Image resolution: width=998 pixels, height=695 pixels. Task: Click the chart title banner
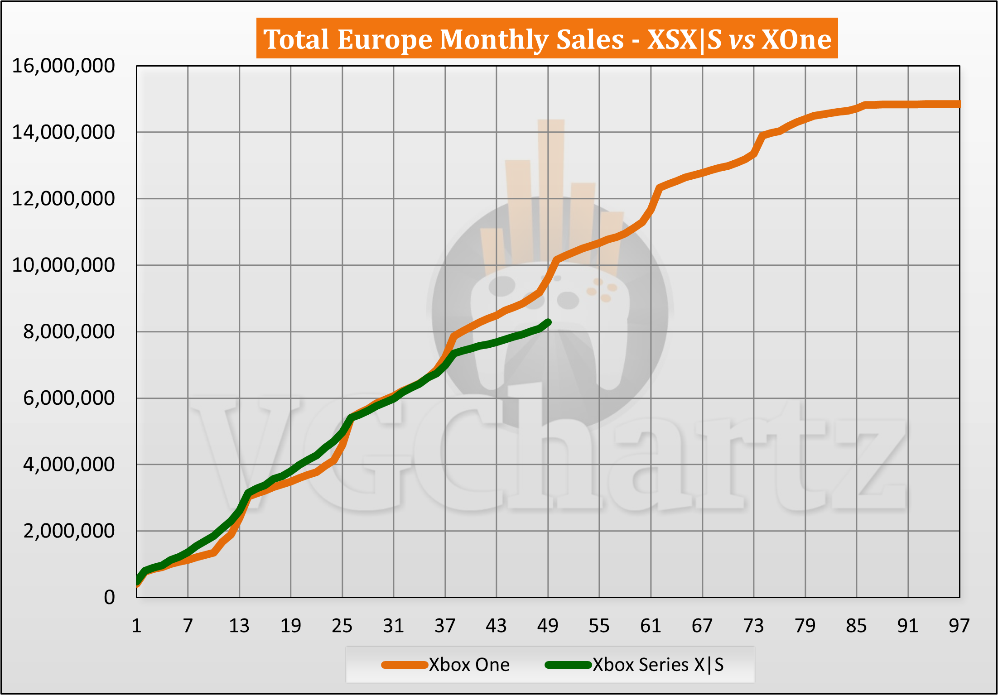pos(547,38)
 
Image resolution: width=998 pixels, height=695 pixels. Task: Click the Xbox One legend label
pos(469,665)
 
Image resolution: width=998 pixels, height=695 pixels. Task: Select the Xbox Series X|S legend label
pos(658,665)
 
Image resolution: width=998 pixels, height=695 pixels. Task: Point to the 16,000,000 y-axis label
pos(63,66)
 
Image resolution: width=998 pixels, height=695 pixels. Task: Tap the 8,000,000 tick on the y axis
pos(69,331)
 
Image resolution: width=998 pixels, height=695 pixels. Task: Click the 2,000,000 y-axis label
pos(69,531)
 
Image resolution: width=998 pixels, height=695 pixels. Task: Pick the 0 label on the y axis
pos(109,597)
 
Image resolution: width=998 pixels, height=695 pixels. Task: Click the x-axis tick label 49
pos(548,626)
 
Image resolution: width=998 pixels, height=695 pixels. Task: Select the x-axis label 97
pos(959,626)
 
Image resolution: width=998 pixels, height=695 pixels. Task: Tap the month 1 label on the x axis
pos(136,626)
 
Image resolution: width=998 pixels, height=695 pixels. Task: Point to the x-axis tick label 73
pos(753,626)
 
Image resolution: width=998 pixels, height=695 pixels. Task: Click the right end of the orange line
pos(958,104)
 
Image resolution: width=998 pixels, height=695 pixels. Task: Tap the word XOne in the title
pos(796,39)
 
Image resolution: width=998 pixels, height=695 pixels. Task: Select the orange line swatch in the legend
pos(405,665)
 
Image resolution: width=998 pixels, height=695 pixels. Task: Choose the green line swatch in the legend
pos(568,665)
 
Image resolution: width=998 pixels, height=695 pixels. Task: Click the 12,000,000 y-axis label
pos(63,198)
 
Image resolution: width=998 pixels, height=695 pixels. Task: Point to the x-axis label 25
pos(342,626)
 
